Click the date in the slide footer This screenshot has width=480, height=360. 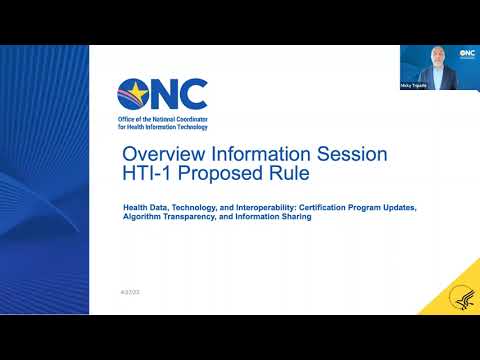pyautogui.click(x=128, y=291)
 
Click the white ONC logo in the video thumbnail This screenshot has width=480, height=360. pyautogui.click(x=466, y=54)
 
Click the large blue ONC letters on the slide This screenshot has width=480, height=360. pyautogui.click(x=178, y=94)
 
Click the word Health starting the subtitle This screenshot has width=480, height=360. pyautogui.click(x=135, y=207)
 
